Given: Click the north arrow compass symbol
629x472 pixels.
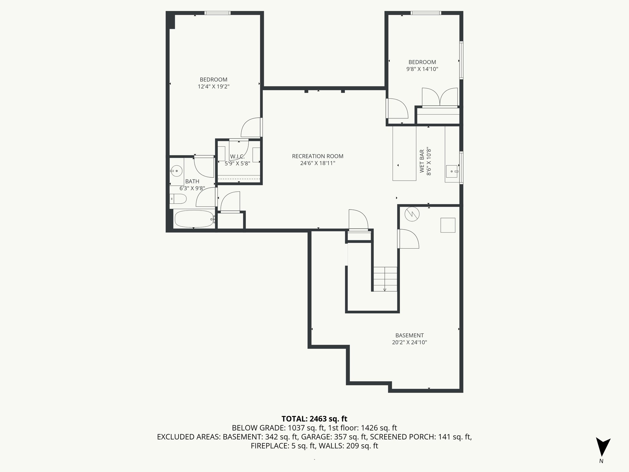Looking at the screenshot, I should click(603, 447).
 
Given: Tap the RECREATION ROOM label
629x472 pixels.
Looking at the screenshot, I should click(318, 156).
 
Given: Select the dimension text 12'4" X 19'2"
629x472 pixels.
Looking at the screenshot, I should click(213, 87).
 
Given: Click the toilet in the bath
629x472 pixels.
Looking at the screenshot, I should click(178, 199).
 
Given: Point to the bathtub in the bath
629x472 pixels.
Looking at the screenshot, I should click(194, 219).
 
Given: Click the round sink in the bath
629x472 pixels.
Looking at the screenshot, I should click(176, 171).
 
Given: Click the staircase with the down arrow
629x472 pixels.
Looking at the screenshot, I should click(385, 279).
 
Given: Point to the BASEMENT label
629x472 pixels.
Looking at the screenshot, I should click(409, 335).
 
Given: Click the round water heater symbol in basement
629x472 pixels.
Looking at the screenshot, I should click(412, 214).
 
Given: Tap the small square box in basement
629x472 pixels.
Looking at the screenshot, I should click(448, 225).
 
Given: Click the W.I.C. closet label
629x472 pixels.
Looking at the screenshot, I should click(237, 157).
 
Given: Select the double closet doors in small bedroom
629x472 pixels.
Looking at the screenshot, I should click(440, 97).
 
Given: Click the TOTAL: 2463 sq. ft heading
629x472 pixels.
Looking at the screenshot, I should click(314, 419).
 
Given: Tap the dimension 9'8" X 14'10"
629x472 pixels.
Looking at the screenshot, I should click(422, 69).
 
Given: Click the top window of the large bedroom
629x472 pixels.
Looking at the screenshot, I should click(217, 13).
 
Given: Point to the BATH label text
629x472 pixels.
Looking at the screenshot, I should click(192, 181).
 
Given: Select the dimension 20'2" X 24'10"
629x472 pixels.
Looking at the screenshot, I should click(409, 342).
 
